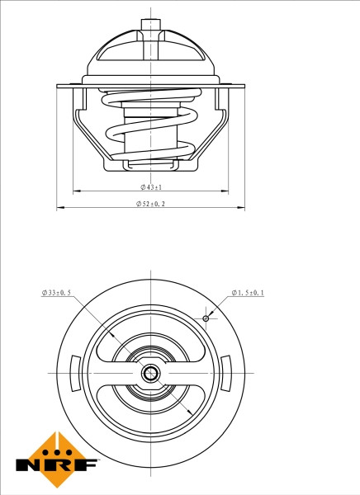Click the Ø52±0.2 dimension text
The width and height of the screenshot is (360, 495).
click(x=150, y=204)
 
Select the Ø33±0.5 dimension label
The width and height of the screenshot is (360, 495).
click(x=57, y=293)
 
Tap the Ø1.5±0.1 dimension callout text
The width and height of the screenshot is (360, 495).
click(x=248, y=293)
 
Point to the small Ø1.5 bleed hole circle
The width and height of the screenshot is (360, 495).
click(x=206, y=318)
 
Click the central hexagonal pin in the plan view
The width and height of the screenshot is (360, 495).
click(x=150, y=374)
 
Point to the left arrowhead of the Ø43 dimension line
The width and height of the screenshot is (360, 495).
click(x=74, y=191)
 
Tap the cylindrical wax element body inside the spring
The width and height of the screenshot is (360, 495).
click(x=150, y=132)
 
